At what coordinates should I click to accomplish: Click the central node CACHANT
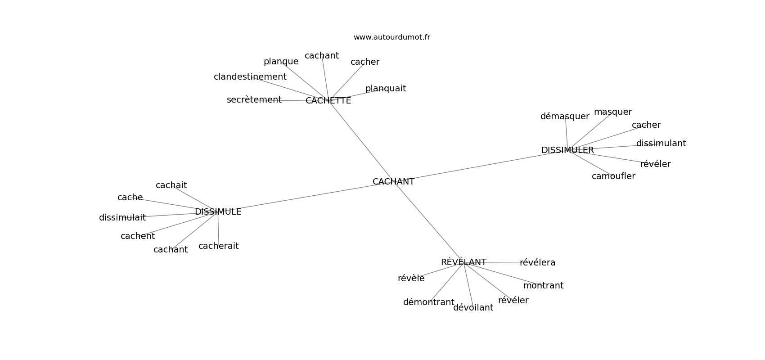tap(393, 182)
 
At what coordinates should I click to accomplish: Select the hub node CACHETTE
tap(328, 101)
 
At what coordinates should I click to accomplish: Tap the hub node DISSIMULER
tap(567, 150)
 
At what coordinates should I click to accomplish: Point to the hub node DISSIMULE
tap(218, 212)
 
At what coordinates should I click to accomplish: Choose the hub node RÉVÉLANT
tap(463, 262)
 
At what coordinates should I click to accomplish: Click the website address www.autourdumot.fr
tap(391, 37)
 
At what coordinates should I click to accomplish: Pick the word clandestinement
tap(250, 77)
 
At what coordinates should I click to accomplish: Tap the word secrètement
tap(254, 100)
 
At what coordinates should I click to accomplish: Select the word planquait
tap(386, 89)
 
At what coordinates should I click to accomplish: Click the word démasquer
tap(565, 117)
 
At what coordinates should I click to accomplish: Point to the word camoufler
tap(613, 176)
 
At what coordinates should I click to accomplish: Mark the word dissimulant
tap(661, 144)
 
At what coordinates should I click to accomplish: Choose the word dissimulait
tap(122, 217)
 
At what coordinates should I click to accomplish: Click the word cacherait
tap(219, 246)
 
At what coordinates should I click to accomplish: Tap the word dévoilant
tap(473, 308)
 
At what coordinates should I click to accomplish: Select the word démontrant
tap(428, 302)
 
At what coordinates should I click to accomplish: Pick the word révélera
tap(538, 263)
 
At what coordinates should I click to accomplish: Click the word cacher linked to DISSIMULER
tap(646, 125)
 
